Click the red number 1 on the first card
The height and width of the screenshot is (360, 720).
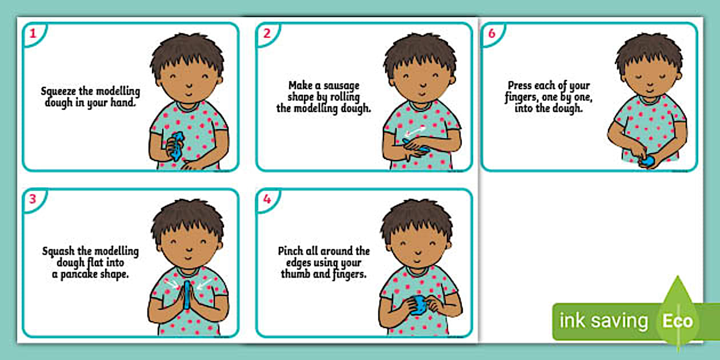point(33,33)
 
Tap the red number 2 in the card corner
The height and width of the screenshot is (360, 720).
point(267,33)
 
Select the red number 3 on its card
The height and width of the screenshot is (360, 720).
point(33,199)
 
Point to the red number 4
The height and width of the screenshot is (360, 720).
point(267,199)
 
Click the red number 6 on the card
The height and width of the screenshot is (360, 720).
point(492,33)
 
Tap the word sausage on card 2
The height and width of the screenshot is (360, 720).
point(341,86)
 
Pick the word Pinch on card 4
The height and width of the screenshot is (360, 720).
point(290,251)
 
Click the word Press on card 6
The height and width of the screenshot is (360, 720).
point(519,86)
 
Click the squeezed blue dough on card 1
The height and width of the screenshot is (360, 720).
point(177,146)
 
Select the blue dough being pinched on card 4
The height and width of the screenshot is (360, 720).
point(418,305)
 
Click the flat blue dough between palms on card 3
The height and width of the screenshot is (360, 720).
point(187,294)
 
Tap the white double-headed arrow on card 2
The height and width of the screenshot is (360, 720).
point(415,131)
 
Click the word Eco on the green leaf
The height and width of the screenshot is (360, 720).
point(678,321)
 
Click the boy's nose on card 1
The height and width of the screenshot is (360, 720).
point(189,85)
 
